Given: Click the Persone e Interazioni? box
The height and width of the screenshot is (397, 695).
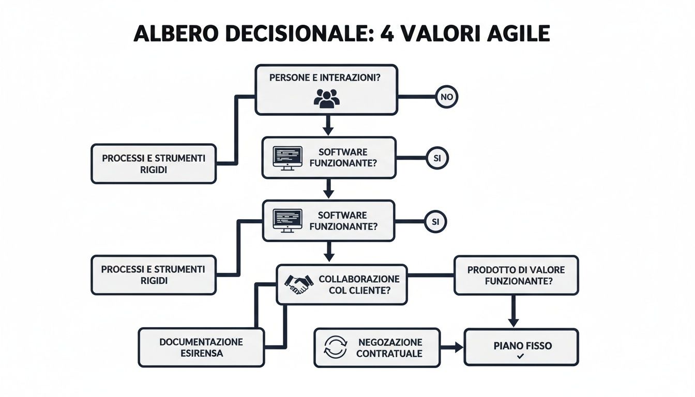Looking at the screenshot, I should click(326, 89).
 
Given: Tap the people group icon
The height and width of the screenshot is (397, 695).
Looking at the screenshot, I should click(326, 98).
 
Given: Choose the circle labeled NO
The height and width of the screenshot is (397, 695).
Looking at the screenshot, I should click(447, 96).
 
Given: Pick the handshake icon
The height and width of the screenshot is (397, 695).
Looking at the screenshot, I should click(299, 283).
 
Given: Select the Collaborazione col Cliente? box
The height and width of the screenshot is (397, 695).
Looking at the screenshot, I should click(342, 284).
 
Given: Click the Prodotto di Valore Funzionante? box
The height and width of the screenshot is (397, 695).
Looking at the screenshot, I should click(516, 276).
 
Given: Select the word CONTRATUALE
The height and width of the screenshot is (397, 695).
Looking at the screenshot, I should click(389, 354).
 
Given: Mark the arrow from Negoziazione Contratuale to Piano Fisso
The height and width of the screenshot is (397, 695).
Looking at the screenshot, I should click(452, 347).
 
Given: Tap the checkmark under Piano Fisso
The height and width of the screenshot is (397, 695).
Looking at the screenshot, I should click(521, 357).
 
